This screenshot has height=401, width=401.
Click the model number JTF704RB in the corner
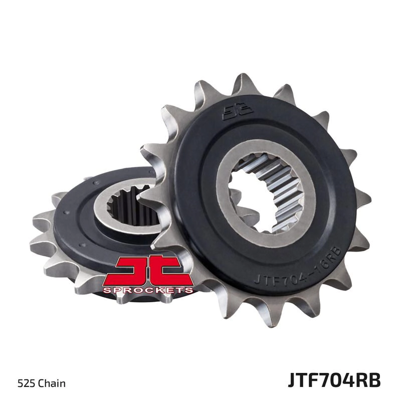click(334, 380)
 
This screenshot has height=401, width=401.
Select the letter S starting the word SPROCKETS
click(106, 290)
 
